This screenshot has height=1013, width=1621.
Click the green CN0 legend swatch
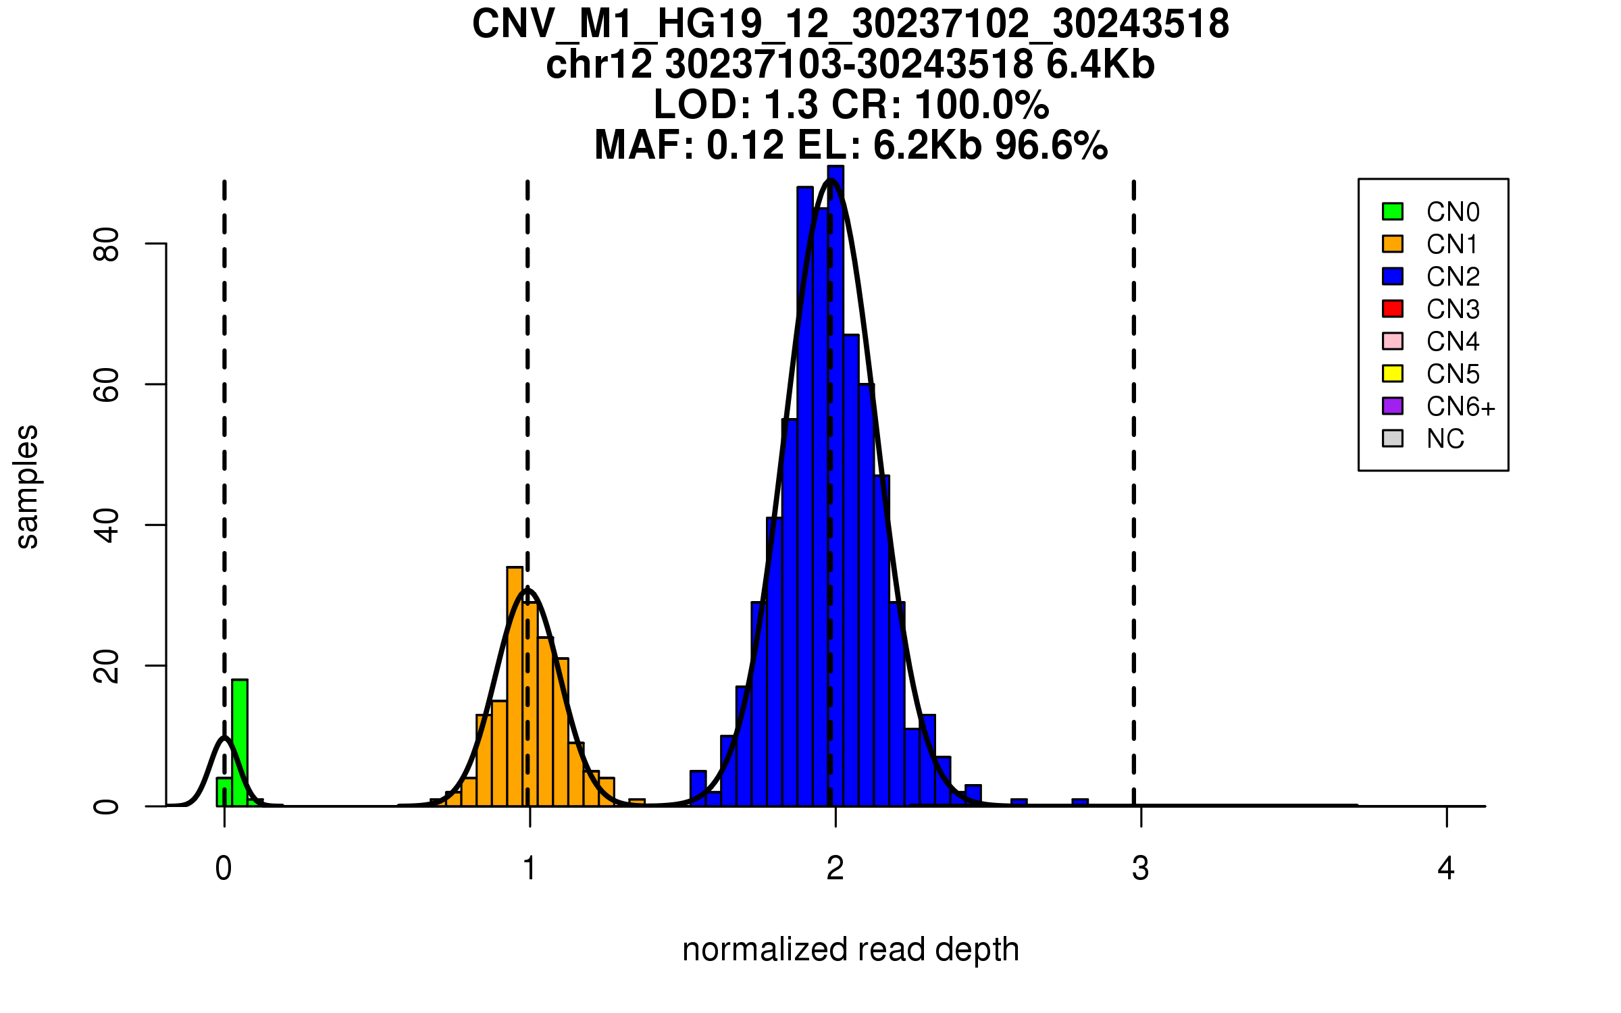1393,211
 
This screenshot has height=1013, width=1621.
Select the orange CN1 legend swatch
1393,244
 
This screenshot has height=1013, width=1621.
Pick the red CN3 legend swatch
1393,309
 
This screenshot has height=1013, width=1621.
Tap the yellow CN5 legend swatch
1393,373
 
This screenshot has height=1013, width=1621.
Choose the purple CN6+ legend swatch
1393,406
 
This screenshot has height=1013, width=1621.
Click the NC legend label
1445,439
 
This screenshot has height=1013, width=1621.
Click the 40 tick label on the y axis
107,525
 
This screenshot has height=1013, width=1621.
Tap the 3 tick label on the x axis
1141,868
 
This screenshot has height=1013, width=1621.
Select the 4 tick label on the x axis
1446,868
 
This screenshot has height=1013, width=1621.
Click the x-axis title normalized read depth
850,950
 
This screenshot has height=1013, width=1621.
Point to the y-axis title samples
27,487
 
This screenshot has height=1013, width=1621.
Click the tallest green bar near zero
240,743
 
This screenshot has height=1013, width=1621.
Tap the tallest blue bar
835,486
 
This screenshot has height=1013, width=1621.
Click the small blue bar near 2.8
1080,802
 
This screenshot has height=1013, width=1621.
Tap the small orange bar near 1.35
637,802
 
